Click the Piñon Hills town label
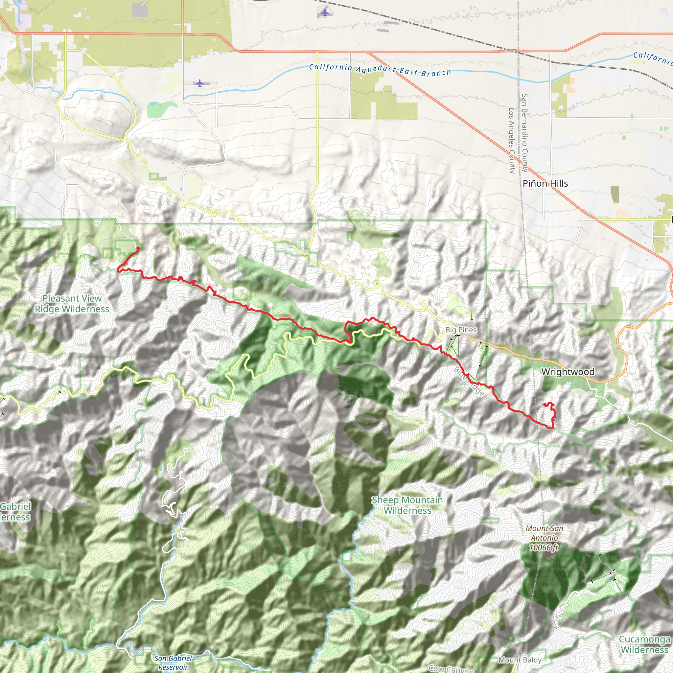point(545,184)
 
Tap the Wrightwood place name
point(568,372)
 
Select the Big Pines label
point(461,330)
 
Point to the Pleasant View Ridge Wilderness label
point(72,304)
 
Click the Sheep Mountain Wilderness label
point(407,505)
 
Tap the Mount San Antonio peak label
point(545,533)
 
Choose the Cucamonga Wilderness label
point(644,644)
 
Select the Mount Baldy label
point(520,660)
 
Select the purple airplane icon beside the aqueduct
point(199,83)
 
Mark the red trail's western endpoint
point(138,248)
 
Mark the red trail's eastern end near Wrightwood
point(545,404)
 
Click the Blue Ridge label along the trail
point(469,382)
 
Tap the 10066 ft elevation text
point(544,547)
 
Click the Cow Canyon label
point(451,669)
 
